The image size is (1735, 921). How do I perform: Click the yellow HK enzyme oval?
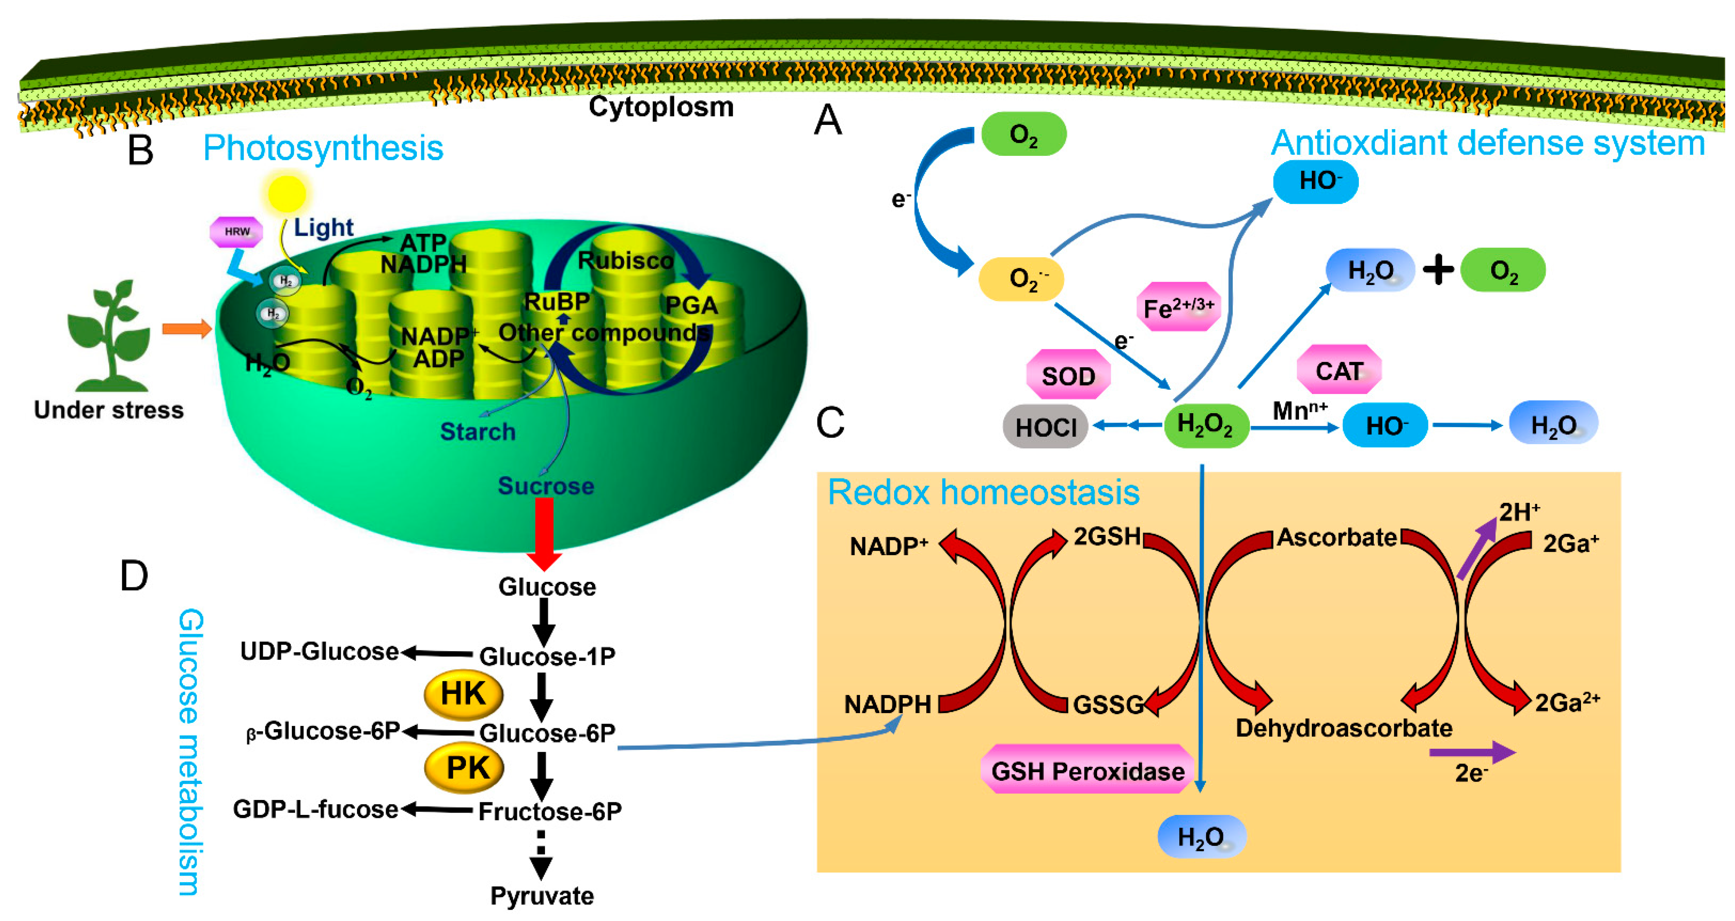pos(464,694)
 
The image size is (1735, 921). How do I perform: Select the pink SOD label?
pos(1068,376)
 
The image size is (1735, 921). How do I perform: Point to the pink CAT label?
pos(1339,371)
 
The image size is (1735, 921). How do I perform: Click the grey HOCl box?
pos(1045,427)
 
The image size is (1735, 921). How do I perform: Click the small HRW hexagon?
pos(236,231)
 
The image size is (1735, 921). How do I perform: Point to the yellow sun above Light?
pos(287,193)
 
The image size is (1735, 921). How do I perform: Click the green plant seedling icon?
pos(109,337)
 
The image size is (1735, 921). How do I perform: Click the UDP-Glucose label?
pos(319,652)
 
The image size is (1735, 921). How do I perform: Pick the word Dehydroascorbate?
pos(1344,728)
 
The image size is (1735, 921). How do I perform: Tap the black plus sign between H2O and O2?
pos(1438,271)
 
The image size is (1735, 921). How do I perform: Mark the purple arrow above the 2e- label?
pos(1472,752)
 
